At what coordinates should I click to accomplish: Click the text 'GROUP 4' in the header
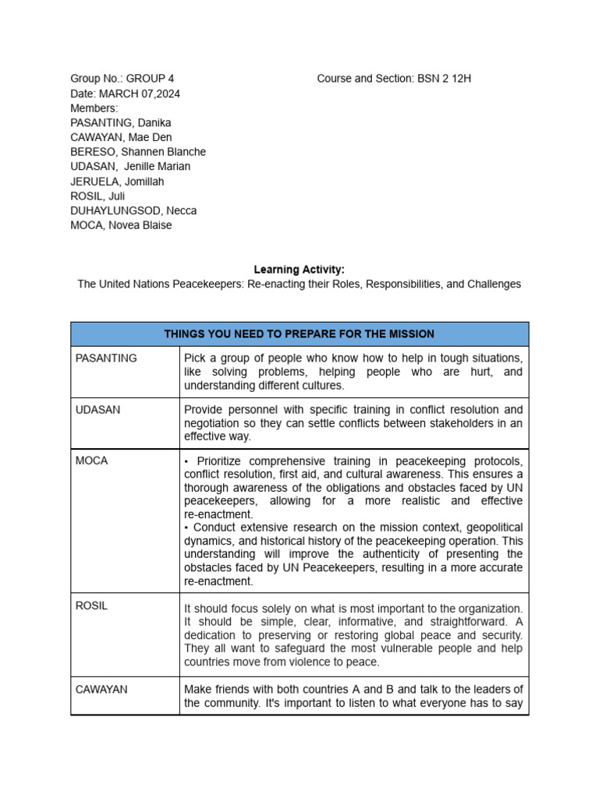pos(150,79)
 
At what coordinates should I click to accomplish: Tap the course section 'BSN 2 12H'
pos(444,79)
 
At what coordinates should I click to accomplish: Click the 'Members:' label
pos(94,108)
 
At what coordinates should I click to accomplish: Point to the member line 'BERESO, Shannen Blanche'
pos(138,152)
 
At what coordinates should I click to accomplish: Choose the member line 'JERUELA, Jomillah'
pos(117,182)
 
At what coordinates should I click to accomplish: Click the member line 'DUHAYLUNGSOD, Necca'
pos(133,210)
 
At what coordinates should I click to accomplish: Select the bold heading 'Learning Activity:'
pos(299,270)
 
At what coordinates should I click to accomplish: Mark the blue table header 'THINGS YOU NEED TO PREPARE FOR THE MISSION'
pos(299,334)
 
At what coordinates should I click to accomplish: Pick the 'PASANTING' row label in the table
pos(106,358)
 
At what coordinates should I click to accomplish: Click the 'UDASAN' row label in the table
pos(98,410)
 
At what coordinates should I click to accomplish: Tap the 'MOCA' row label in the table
pos(91,461)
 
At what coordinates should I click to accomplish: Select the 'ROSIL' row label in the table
pos(91,606)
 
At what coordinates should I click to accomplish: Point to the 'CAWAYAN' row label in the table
pos(102,690)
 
